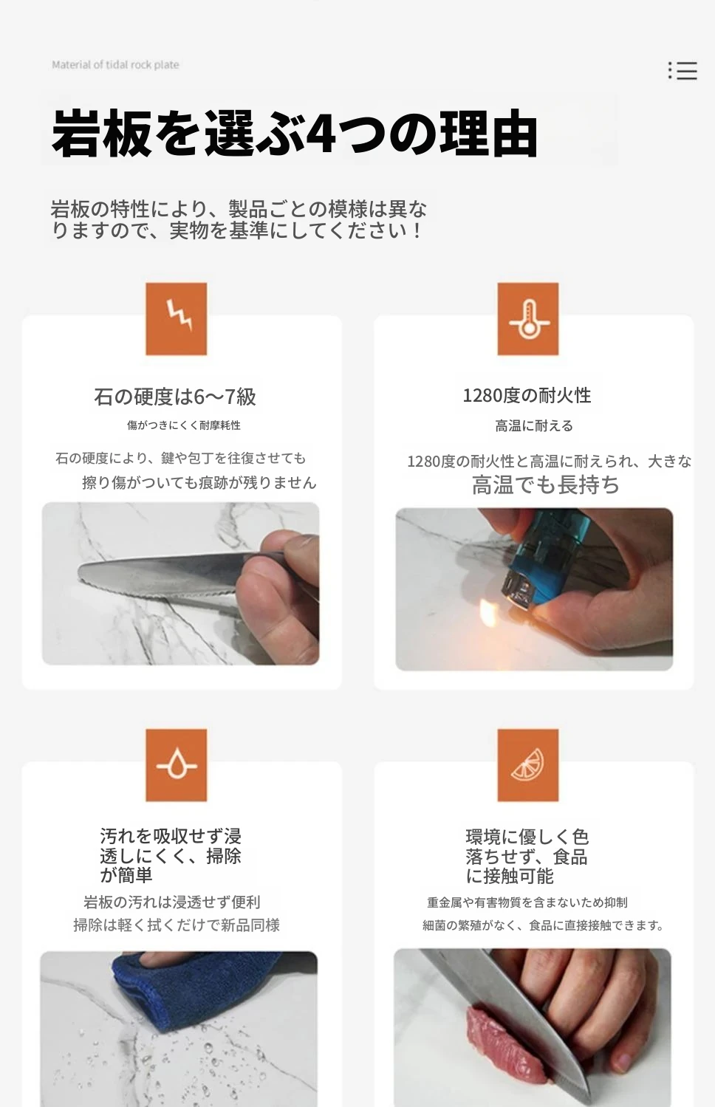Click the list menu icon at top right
682,71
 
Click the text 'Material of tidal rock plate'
115,65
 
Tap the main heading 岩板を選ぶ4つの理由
295,134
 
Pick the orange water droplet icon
177,765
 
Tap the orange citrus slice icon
527,765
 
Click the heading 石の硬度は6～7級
175,397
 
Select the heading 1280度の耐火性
527,395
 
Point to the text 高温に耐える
534,425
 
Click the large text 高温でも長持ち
546,484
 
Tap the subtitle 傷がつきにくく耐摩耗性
184,425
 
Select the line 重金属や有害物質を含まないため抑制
527,902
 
